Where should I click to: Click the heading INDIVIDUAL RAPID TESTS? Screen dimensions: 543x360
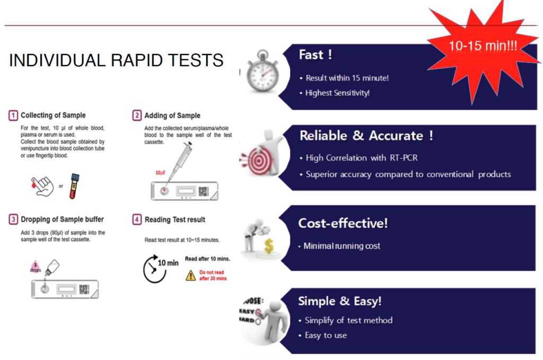pyautogui.click(x=116, y=60)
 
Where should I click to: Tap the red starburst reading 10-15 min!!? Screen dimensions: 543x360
pyautogui.click(x=483, y=47)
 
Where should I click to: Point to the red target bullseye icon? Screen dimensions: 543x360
pyautogui.click(x=258, y=161)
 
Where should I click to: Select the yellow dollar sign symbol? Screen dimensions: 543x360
pyautogui.click(x=269, y=246)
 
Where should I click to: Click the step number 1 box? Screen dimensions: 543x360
pyautogui.click(x=13, y=115)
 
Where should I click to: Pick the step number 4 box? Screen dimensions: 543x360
pyautogui.click(x=137, y=219)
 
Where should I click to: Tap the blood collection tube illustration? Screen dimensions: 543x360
pyautogui.click(x=74, y=186)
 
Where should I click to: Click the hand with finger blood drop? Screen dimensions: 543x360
pyautogui.click(x=42, y=186)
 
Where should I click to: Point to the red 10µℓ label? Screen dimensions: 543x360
pyautogui.click(x=160, y=173)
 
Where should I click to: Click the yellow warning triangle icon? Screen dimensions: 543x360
pyautogui.click(x=190, y=276)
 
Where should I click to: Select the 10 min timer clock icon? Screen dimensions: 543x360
pyautogui.click(x=154, y=269)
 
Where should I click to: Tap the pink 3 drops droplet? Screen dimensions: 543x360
pyautogui.click(x=36, y=267)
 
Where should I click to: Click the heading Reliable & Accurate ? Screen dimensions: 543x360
pyautogui.click(x=366, y=136)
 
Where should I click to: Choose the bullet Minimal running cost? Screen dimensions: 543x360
pyautogui.click(x=342, y=246)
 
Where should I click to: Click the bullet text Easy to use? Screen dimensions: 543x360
pyautogui.click(x=326, y=336)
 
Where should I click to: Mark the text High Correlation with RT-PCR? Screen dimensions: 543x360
pyautogui.click(x=362, y=158)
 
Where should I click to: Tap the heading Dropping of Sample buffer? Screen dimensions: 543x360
pyautogui.click(x=63, y=219)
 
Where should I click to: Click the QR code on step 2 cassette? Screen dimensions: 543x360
pyautogui.click(x=203, y=191)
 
